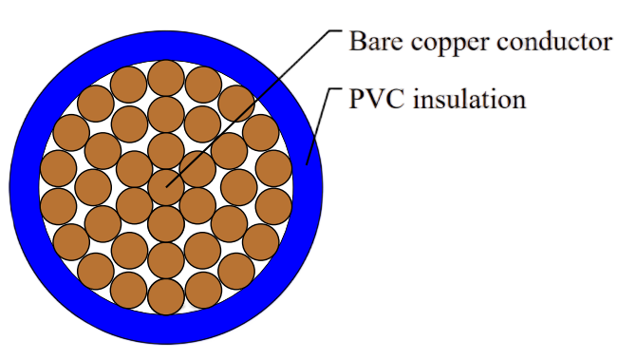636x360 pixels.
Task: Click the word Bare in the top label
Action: (376, 42)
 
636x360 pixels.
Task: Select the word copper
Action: (449, 45)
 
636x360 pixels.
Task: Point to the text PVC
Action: (377, 99)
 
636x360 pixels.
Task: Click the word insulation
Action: (470, 99)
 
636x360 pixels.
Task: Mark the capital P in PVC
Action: (356, 99)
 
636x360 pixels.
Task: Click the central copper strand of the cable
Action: (166, 187)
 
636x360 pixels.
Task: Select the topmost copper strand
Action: (166, 78)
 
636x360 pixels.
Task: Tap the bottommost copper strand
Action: (166, 296)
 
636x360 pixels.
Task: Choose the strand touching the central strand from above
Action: (166, 151)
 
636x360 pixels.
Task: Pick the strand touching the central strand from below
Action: (166, 224)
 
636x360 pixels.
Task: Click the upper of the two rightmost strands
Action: (273, 168)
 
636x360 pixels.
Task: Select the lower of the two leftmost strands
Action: (59, 206)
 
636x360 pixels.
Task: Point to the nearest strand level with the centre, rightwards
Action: (239, 187)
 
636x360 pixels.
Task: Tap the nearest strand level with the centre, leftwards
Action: (93, 187)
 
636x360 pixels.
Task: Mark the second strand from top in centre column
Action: (166, 114)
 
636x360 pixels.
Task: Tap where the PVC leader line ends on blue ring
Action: (307, 164)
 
